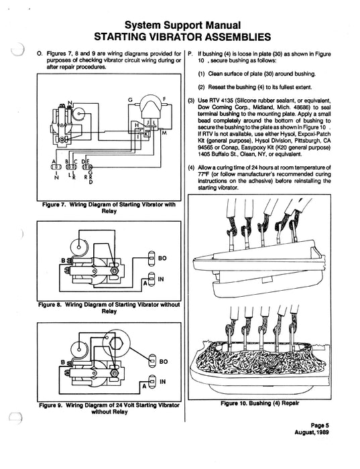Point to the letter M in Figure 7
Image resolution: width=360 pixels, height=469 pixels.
click(164, 133)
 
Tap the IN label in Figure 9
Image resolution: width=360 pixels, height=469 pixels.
click(162, 381)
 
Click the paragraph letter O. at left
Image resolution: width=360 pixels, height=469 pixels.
click(39, 52)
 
